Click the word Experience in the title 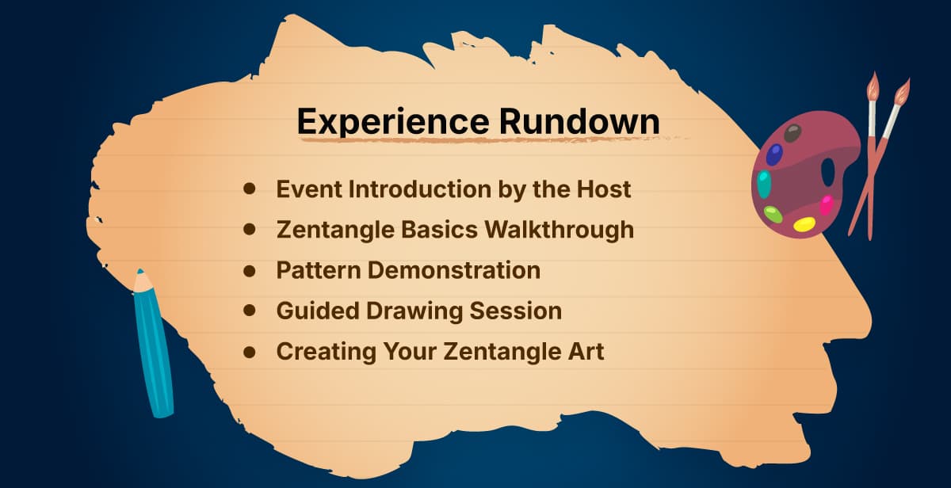click(393, 122)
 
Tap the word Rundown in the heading click(579, 121)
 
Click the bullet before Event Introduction click(250, 189)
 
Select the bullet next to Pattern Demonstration click(250, 270)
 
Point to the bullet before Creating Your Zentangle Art click(250, 352)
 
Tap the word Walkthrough click(560, 230)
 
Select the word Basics click(439, 230)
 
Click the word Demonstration click(454, 270)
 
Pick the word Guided click(318, 311)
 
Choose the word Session click(515, 311)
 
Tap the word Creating click(326, 353)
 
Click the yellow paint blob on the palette click(804, 224)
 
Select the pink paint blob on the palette click(826, 205)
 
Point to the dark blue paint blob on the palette click(774, 154)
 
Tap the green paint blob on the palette click(773, 215)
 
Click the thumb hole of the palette click(827, 172)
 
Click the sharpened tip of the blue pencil click(140, 272)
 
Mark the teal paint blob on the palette click(764, 184)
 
